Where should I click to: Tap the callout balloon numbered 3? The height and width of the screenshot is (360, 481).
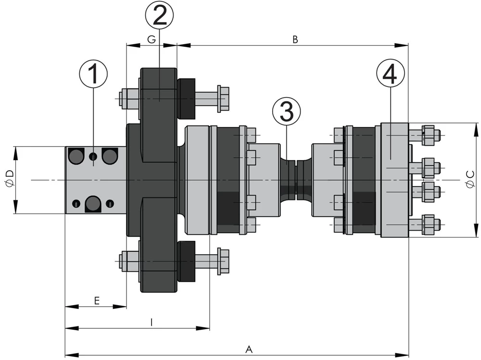pyautogui.click(x=286, y=112)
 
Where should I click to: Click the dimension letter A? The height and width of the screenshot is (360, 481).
pyautogui.click(x=249, y=349)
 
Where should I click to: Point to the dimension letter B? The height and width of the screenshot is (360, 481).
pyautogui.click(x=295, y=40)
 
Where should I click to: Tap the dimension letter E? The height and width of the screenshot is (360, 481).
pyautogui.click(x=96, y=301)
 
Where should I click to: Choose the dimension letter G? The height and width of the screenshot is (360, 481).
pyautogui.click(x=151, y=40)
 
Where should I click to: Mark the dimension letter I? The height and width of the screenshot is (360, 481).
pyautogui.click(x=152, y=323)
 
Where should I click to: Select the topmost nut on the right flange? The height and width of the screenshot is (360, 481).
pyautogui.click(x=428, y=135)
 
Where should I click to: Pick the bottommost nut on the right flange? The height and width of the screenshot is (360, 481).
pyautogui.click(x=428, y=224)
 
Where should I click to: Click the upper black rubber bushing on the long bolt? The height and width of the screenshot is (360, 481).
pyautogui.click(x=187, y=99)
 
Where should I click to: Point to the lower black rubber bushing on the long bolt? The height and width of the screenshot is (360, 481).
pyautogui.click(x=187, y=261)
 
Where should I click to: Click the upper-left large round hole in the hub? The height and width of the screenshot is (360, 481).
pyautogui.click(x=76, y=155)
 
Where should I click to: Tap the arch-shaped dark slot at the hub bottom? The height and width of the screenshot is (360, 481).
pyautogui.click(x=93, y=204)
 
